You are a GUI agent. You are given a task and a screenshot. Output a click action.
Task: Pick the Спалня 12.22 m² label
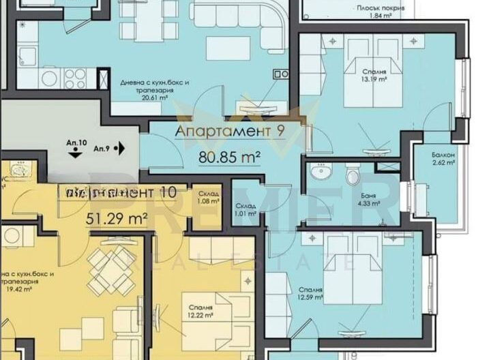[201, 312]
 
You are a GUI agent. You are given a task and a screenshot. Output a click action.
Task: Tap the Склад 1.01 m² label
[246, 209]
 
